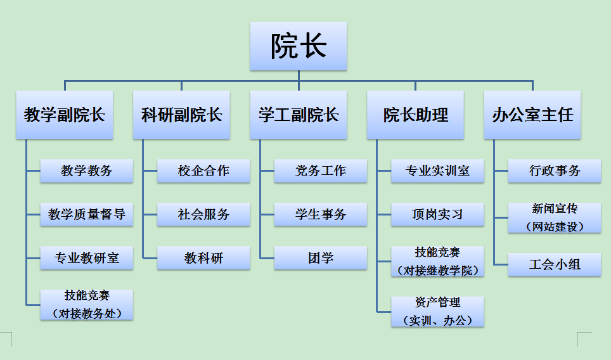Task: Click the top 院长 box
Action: point(299,46)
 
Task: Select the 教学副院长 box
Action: point(65,115)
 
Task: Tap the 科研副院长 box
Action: point(181,115)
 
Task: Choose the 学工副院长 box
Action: point(299,115)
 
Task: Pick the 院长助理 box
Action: point(415,115)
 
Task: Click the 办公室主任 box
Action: point(532,115)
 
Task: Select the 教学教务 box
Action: point(87,170)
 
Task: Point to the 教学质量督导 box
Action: point(87,214)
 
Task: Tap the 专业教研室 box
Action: point(87,258)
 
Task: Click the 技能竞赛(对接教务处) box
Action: point(87,304)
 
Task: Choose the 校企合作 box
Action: point(203,170)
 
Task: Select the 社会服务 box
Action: point(203,214)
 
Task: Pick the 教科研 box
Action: point(203,258)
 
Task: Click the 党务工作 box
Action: point(321,170)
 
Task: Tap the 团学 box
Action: point(321,258)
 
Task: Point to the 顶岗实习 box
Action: point(437,214)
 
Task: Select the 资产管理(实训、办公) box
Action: point(437,311)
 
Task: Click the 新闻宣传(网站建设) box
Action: point(555,217)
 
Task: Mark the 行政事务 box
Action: point(555,170)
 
